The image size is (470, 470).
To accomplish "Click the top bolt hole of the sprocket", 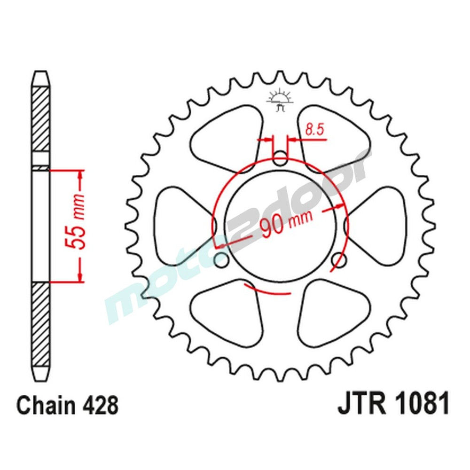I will click(x=281, y=158).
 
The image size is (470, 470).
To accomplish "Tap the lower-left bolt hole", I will click(x=220, y=259).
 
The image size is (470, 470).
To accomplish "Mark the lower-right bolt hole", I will click(x=339, y=259).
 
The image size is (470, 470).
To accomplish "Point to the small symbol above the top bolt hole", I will click(x=280, y=100).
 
